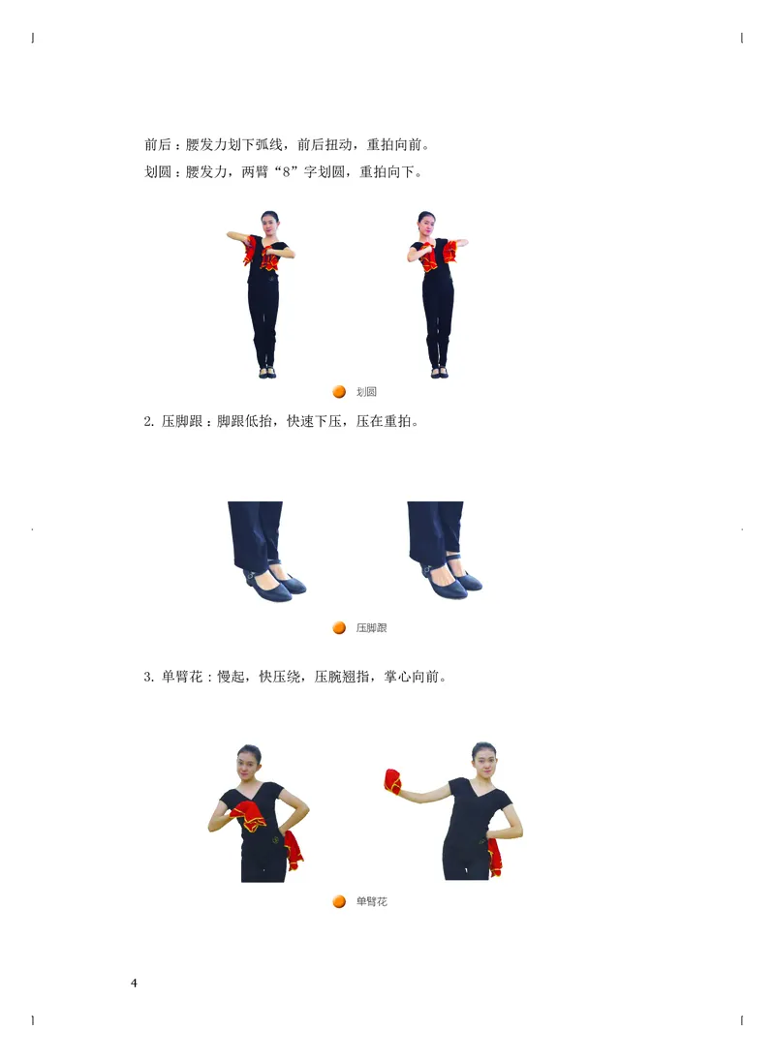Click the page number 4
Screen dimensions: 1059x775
click(x=134, y=983)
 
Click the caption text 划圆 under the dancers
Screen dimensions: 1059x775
click(x=366, y=392)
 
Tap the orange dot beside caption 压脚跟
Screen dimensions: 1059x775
click(x=339, y=628)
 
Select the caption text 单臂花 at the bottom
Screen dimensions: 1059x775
click(x=371, y=902)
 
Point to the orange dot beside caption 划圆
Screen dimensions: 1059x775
click(x=339, y=392)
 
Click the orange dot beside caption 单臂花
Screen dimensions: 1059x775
click(x=339, y=902)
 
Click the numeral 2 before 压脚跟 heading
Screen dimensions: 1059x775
click(x=147, y=422)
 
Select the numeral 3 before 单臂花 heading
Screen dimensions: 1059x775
click(x=147, y=677)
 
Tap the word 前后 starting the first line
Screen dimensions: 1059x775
click(x=158, y=146)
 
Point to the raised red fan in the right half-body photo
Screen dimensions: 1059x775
click(x=392, y=781)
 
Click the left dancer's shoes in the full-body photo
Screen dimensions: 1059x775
click(x=266, y=373)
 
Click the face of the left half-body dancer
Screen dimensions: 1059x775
click(x=249, y=763)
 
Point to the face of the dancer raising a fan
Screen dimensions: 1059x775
click(x=482, y=760)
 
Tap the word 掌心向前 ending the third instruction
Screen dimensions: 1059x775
click(x=414, y=677)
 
